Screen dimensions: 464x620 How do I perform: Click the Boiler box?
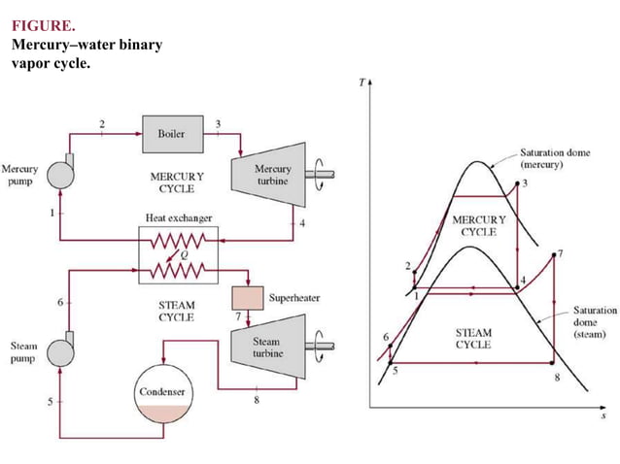(172, 133)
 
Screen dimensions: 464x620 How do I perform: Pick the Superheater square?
(248, 296)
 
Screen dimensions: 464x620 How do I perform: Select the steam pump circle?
(62, 352)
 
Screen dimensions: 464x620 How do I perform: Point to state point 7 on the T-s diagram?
(552, 256)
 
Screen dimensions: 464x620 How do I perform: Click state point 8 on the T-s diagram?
(552, 362)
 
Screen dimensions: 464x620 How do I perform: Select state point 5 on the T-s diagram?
(391, 361)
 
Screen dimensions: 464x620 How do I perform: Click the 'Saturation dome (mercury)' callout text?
(554, 158)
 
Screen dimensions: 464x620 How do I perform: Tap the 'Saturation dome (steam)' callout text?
(594, 322)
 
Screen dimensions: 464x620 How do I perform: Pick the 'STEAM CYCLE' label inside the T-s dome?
(473, 338)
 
